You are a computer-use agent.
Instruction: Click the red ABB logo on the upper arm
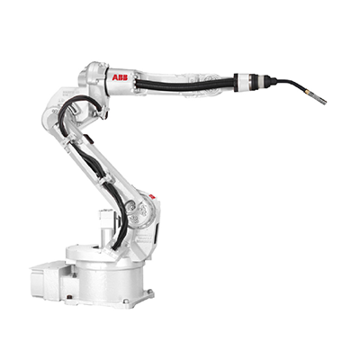(120, 77)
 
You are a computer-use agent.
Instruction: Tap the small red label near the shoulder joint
(151, 197)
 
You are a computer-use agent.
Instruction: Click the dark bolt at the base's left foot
(69, 297)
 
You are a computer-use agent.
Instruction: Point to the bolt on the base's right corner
(149, 292)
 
